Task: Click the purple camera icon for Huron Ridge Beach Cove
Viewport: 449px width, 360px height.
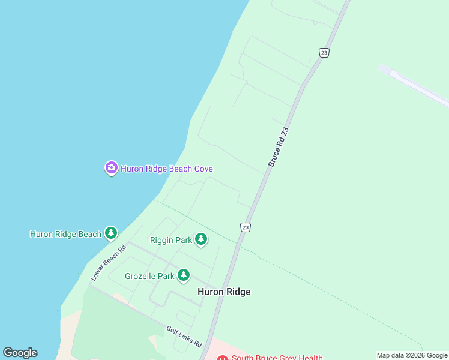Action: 111,168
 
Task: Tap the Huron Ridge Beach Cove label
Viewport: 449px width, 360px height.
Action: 167,169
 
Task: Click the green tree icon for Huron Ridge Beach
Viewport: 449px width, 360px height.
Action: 110,233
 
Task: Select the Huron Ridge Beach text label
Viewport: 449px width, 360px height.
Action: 65,234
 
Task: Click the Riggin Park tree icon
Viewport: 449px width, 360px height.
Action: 201,240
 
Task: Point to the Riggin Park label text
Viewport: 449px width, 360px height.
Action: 171,240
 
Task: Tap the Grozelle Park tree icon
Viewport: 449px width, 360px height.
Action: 184,276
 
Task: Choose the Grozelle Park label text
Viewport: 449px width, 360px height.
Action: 149,276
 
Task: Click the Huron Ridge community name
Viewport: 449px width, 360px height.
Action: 224,292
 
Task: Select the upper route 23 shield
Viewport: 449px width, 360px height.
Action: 324,53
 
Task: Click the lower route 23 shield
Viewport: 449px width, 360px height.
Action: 245,227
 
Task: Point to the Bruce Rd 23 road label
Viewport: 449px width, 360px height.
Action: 279,147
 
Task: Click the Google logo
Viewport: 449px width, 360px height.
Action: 20,353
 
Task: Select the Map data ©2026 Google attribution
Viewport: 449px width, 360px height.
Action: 412,355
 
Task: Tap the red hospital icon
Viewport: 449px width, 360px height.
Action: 223,358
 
